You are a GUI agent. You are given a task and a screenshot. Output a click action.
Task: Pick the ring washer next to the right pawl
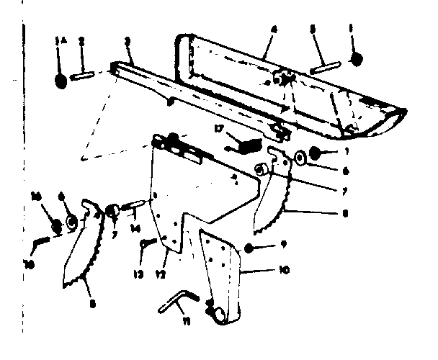click(299, 157)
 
